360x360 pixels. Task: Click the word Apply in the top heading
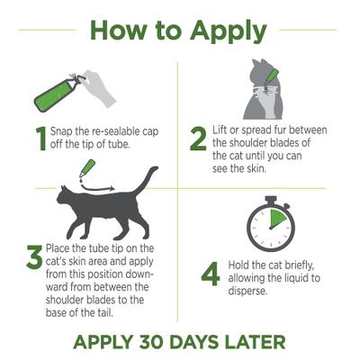(x=225, y=30)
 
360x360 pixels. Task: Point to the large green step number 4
(x=210, y=273)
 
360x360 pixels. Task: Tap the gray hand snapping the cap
(x=100, y=83)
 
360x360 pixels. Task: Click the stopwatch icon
(x=269, y=226)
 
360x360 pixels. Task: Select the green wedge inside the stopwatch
(x=277, y=219)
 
